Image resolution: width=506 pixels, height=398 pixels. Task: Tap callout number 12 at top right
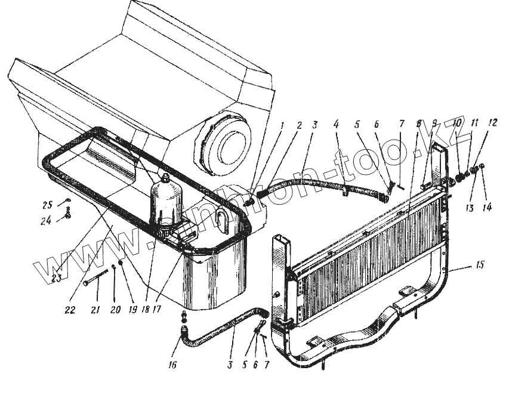492,124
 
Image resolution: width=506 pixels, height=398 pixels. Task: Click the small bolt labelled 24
69,212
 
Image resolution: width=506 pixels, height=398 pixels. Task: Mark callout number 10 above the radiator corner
457,124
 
